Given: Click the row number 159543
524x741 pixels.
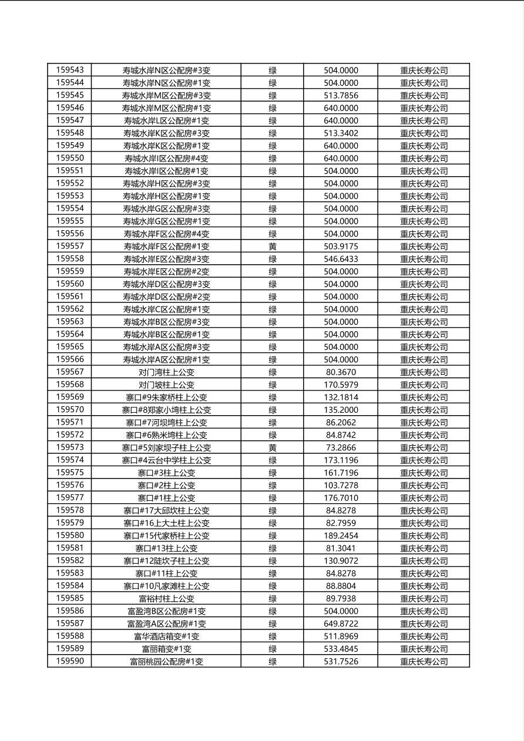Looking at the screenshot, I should [x=70, y=70].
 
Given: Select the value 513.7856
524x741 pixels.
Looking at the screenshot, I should [x=341, y=95].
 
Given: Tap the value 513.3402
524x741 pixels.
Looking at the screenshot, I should [x=341, y=133].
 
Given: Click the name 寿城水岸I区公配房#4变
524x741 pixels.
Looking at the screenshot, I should [x=166, y=159].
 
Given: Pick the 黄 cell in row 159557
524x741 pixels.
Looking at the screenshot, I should [x=273, y=247].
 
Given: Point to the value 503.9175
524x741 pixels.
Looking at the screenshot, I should [x=341, y=247].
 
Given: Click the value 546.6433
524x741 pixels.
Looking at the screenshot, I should [x=341, y=259].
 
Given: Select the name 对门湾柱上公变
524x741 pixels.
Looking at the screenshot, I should [x=166, y=372].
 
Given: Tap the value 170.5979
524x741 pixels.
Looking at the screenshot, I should [x=341, y=385].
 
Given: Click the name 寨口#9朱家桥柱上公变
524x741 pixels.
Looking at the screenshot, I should [x=166, y=398].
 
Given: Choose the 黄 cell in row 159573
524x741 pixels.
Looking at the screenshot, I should [x=273, y=448].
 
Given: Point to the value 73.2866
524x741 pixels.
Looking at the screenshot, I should [x=341, y=448].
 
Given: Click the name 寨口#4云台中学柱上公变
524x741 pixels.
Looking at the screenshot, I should [x=166, y=460].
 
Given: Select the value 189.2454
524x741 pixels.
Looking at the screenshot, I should [x=341, y=535].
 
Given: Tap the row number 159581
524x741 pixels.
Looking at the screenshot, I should [x=70, y=548].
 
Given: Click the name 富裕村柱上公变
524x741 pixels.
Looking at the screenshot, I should [x=166, y=599].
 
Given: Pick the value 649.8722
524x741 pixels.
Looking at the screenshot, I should [x=341, y=624].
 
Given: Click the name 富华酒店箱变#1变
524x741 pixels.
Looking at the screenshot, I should [x=166, y=636].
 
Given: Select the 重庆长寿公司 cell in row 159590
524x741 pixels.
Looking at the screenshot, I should [x=424, y=662].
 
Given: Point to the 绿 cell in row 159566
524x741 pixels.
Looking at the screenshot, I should [x=273, y=360].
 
